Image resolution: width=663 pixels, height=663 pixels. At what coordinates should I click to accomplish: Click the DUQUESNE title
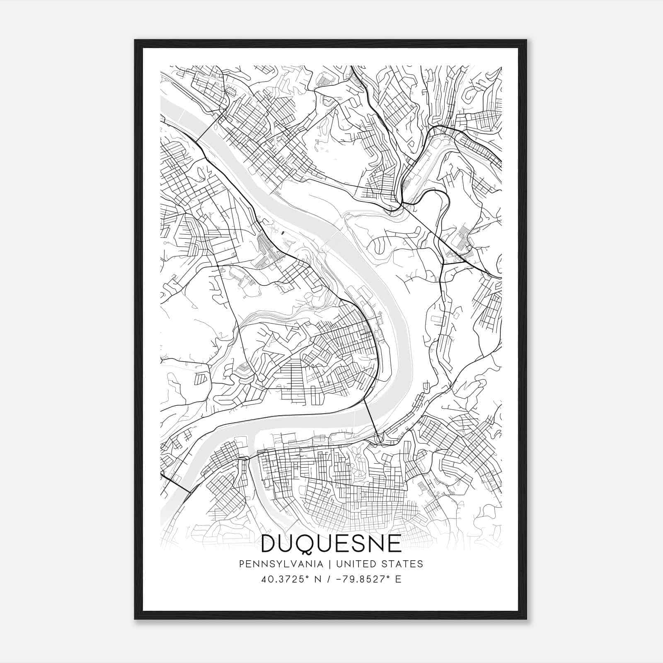[331, 543]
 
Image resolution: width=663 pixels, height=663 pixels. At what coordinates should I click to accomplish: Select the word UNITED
[355, 564]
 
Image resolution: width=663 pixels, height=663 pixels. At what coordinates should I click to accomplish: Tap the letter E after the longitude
[398, 579]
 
